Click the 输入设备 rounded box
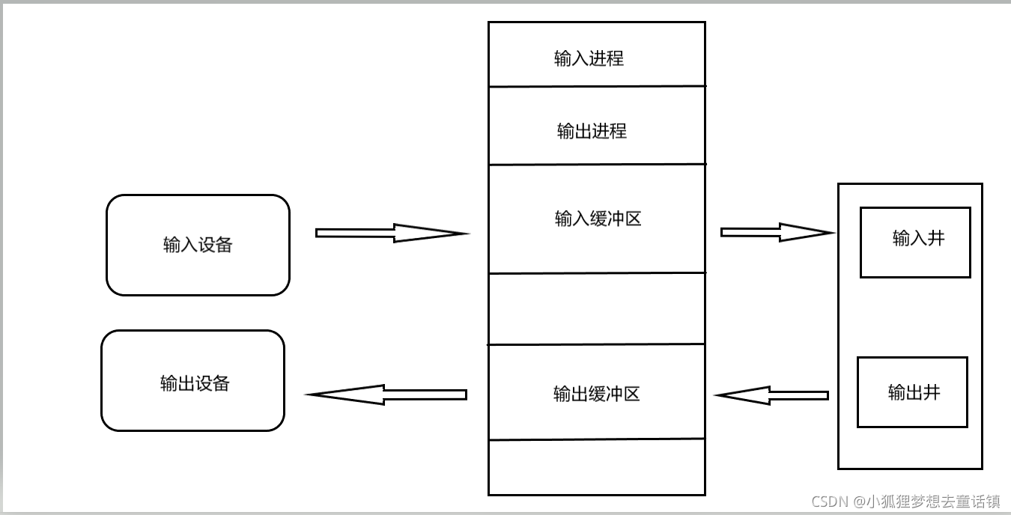198,245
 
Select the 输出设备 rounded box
193,381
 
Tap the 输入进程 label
589,58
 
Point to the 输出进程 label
592,131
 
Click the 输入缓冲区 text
598,219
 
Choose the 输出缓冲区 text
596,394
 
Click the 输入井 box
915,243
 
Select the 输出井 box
912,391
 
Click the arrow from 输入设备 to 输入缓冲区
389,233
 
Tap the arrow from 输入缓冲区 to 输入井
775,232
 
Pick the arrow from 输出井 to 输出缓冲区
771,395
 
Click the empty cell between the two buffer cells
596,308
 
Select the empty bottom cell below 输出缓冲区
596,466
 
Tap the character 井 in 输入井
936,238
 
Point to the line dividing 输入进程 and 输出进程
596,87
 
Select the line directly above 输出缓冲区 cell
596,344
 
